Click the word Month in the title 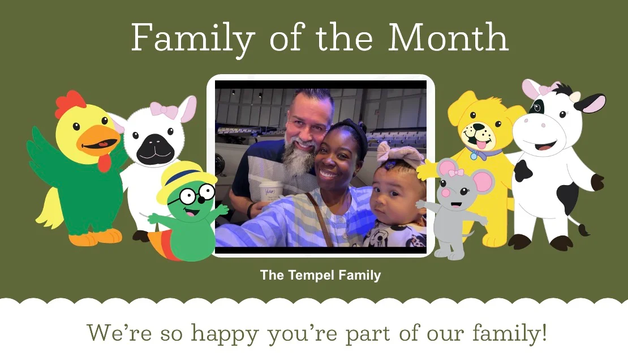pyautogui.click(x=448, y=38)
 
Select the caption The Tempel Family pyautogui.click(x=320, y=276)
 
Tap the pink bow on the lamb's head pyautogui.click(x=162, y=110)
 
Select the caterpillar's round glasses pyautogui.click(x=197, y=195)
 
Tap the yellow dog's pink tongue pyautogui.click(x=480, y=146)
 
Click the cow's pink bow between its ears pyautogui.click(x=547, y=89)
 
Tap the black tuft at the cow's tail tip pyautogui.click(x=584, y=229)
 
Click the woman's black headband pyautogui.click(x=354, y=130)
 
